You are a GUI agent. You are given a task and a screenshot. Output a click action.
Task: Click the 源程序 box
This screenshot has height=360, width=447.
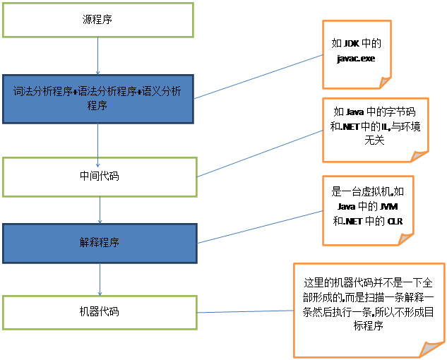coord(97,20)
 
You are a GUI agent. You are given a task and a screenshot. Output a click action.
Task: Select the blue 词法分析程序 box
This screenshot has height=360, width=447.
coord(97,97)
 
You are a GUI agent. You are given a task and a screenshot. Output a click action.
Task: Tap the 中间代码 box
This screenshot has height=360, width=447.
coord(99,176)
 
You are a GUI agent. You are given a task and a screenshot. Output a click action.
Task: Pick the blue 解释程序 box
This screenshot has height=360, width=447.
coord(99,243)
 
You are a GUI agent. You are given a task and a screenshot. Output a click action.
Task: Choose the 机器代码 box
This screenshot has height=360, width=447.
coord(99,311)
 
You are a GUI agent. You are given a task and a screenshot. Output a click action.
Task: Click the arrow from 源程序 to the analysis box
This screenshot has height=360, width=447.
coord(97,56)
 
